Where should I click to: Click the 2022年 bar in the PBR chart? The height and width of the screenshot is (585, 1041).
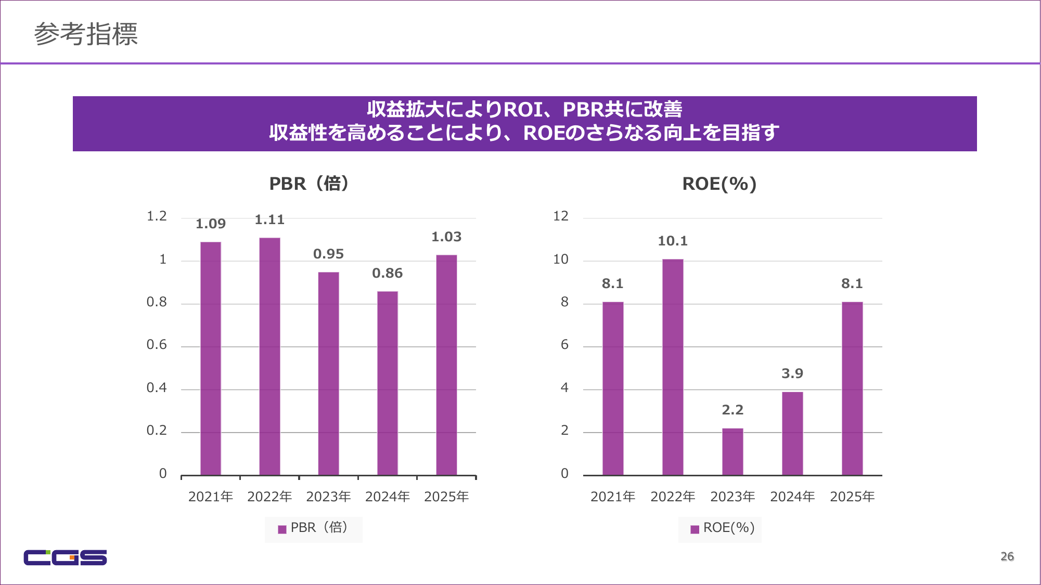(269, 356)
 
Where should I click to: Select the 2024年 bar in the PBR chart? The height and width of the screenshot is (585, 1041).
(388, 383)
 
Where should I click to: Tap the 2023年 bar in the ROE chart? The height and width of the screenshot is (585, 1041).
(732, 451)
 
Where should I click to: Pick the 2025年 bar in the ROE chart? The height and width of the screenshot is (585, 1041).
(852, 388)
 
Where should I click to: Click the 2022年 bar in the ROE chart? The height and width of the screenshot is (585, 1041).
(673, 367)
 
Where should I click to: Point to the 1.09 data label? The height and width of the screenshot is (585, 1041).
(211, 224)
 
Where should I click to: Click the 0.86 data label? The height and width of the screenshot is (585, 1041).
(388, 274)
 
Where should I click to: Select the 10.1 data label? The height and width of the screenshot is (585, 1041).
(673, 241)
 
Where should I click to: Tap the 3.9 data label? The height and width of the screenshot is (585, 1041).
(792, 374)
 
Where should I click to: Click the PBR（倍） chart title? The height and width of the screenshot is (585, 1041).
(309, 184)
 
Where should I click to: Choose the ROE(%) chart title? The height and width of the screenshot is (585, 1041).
(719, 184)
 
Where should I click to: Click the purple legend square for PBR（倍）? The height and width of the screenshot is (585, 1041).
(282, 529)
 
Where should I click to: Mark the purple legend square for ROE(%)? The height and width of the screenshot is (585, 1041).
(695, 529)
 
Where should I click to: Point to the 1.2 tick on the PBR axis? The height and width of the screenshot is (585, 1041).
(157, 216)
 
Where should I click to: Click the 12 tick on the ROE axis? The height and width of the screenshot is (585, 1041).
(561, 216)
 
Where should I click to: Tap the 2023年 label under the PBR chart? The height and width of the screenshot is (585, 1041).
(328, 497)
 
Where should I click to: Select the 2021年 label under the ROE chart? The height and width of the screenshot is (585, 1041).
(613, 497)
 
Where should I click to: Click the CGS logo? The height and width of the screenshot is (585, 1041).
(65, 557)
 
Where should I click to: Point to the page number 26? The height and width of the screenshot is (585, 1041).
(1007, 556)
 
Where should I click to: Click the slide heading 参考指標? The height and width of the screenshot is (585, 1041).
(86, 34)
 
